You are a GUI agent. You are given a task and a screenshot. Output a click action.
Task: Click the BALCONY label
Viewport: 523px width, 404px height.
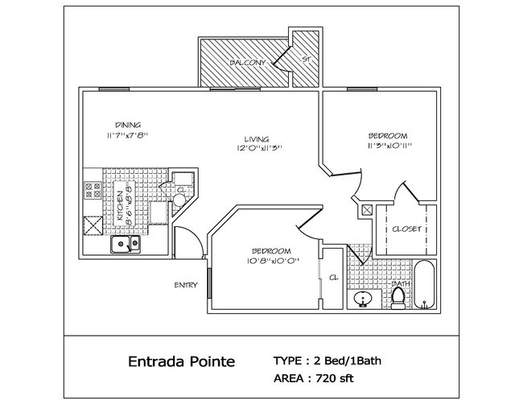pos(242,62)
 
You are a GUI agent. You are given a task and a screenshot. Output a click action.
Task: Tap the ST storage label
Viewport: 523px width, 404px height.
pos(307,59)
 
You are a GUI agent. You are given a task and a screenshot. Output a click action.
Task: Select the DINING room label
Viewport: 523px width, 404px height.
pos(128,125)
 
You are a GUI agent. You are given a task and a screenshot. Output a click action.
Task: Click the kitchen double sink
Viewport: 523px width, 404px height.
pos(125,244)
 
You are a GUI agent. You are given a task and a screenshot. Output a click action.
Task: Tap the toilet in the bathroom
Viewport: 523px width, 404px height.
pos(397,299)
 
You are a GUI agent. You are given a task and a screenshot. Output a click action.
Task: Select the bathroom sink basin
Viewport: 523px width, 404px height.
pos(364,300)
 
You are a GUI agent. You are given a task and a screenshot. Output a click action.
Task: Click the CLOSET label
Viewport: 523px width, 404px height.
pos(406,229)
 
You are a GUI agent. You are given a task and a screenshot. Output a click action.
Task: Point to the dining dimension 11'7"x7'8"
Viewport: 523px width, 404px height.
pos(127,135)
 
